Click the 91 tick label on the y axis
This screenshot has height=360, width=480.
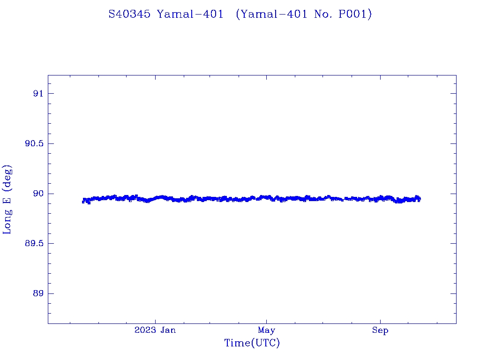(38, 94)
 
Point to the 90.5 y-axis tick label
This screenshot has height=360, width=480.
(34, 144)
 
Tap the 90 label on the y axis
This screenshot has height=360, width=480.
(38, 194)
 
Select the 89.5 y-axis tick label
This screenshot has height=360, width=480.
(34, 244)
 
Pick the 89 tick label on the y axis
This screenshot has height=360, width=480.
(38, 294)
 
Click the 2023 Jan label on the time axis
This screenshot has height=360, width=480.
(155, 330)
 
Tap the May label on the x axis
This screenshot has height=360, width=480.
(266, 330)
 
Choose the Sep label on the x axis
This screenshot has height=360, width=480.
(380, 330)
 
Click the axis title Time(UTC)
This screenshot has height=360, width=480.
(252, 344)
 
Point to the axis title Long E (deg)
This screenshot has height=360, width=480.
(7, 199)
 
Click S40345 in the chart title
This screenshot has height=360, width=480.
(129, 14)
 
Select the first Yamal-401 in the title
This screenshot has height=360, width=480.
(190, 14)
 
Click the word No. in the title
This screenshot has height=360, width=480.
(325, 14)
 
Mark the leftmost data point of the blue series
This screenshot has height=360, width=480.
(83, 202)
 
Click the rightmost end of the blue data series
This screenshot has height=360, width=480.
(420, 199)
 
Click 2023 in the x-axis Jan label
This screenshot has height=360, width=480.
(145, 330)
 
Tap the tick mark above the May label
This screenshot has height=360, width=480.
(266, 321)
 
